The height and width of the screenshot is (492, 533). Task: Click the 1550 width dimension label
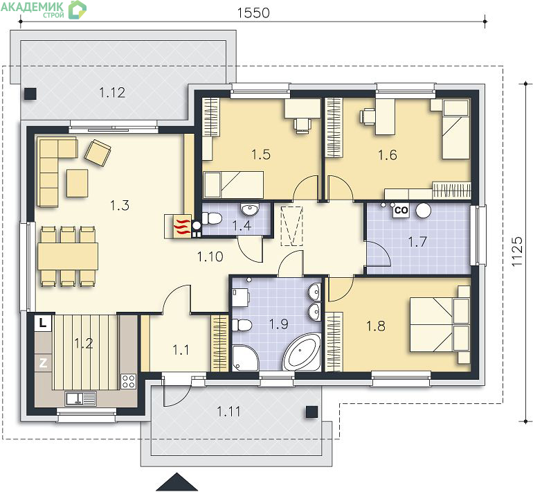pyautogui.click(x=253, y=13)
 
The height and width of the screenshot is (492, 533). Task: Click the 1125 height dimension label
pyautogui.click(x=517, y=252)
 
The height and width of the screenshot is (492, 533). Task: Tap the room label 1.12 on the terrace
pyautogui.click(x=112, y=93)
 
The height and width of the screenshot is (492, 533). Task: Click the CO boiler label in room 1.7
pyautogui.click(x=401, y=210)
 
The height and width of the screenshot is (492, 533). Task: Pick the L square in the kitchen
pyautogui.click(x=43, y=322)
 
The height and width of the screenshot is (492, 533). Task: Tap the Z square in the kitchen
pyautogui.click(x=43, y=363)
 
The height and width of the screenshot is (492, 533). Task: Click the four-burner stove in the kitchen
pyautogui.click(x=129, y=381)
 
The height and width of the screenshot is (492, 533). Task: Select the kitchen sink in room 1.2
pyautogui.click(x=81, y=398)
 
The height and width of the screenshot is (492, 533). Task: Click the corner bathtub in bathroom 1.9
pyautogui.click(x=302, y=352)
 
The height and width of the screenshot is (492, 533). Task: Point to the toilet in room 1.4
pyautogui.click(x=211, y=218)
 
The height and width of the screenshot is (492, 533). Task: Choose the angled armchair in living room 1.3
pyautogui.click(x=98, y=152)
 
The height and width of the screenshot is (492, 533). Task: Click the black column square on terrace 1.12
pyautogui.click(x=30, y=94)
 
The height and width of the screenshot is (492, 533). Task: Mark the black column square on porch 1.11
pyautogui.click(x=311, y=412)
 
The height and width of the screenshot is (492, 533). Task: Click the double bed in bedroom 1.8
pyautogui.click(x=440, y=324)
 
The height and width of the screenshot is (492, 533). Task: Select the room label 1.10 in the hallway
pyautogui.click(x=210, y=256)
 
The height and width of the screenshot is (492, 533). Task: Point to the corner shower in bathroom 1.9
pyautogui.click(x=245, y=358)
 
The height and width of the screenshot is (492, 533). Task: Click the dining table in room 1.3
pyautogui.click(x=68, y=256)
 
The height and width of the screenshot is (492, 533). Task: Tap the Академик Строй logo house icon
pyautogui.click(x=78, y=9)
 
